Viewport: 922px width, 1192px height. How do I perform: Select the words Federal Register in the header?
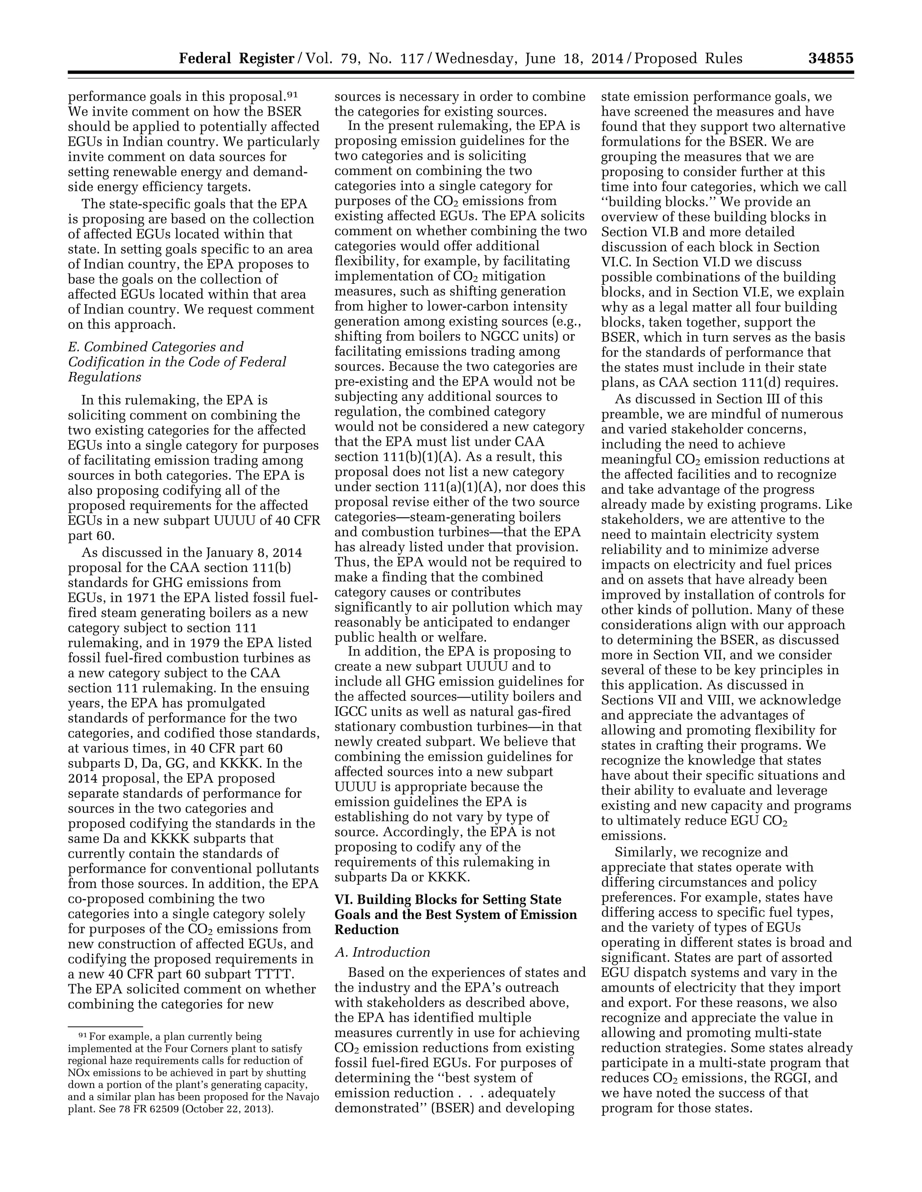coord(236,58)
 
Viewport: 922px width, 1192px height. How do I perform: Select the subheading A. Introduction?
coord(382,952)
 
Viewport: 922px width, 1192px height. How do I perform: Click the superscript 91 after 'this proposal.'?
coord(292,94)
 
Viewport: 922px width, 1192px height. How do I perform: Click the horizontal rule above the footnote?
coord(105,1026)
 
